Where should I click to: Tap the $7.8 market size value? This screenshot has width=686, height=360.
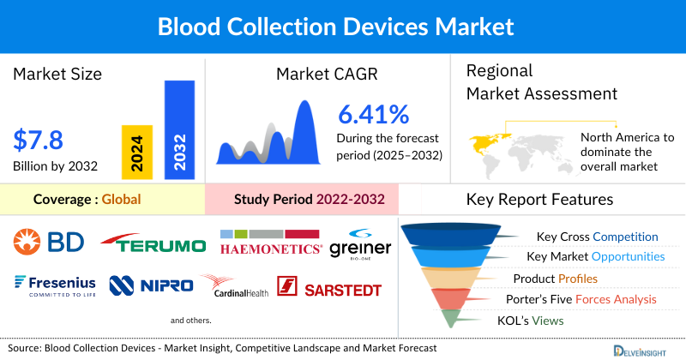[x=39, y=140]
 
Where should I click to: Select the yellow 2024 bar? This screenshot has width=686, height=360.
[x=138, y=153]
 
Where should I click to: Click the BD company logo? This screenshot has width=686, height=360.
[x=49, y=243]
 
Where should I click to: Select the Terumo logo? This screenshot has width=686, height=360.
[x=153, y=245]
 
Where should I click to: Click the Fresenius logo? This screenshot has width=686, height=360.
[x=53, y=285]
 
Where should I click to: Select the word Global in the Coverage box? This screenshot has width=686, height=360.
[x=121, y=200]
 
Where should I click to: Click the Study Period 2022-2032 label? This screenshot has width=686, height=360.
[x=309, y=200]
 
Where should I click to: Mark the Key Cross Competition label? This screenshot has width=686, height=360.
[x=597, y=237]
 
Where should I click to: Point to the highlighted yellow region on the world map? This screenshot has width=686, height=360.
[x=485, y=141]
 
